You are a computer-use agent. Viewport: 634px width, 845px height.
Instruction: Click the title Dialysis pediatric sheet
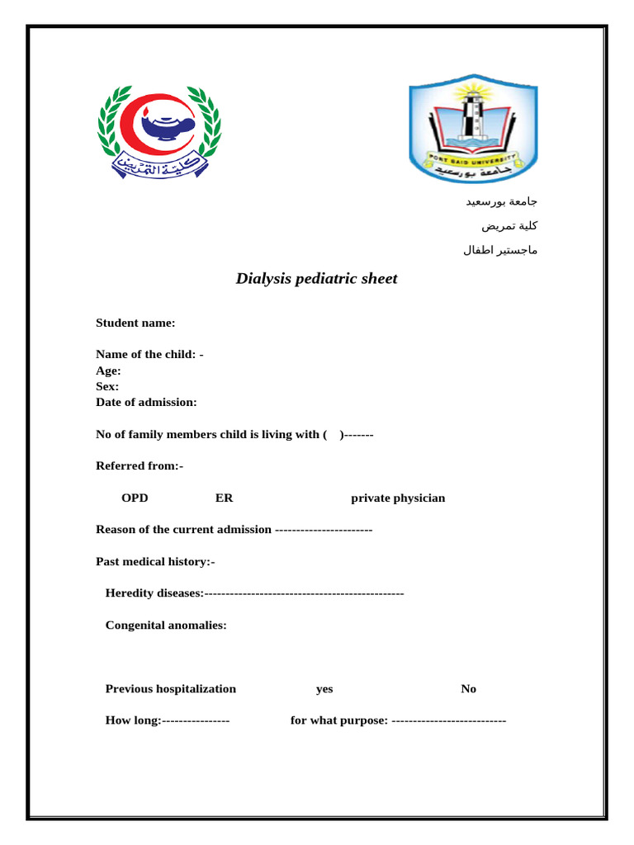click(316, 279)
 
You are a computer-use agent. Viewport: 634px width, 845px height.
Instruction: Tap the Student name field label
click(135, 323)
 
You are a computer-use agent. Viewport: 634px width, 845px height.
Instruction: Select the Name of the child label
click(149, 354)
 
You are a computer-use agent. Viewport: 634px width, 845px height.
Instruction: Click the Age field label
click(108, 371)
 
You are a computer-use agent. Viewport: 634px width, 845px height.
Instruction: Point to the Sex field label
click(107, 386)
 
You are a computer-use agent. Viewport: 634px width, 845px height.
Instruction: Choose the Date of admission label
click(146, 402)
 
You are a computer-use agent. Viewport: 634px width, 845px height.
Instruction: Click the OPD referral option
click(135, 498)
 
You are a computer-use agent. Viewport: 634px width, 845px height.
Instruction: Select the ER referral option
click(224, 498)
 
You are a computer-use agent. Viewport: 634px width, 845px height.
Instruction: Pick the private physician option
click(398, 498)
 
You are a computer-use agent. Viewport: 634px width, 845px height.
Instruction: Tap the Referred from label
click(140, 466)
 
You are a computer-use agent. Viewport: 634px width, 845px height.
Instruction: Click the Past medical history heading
click(155, 562)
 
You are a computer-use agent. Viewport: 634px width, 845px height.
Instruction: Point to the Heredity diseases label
click(154, 593)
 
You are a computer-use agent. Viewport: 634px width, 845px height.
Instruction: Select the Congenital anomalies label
click(166, 625)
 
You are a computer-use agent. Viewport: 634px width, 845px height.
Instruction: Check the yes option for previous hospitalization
click(324, 689)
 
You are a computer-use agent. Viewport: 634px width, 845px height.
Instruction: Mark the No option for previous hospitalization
click(468, 689)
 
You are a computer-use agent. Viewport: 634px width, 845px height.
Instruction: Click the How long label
click(133, 720)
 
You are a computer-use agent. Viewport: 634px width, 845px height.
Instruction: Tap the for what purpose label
click(339, 720)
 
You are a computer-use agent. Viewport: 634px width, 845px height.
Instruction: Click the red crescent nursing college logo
click(158, 130)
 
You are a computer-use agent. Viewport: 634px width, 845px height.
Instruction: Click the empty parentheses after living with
click(334, 434)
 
